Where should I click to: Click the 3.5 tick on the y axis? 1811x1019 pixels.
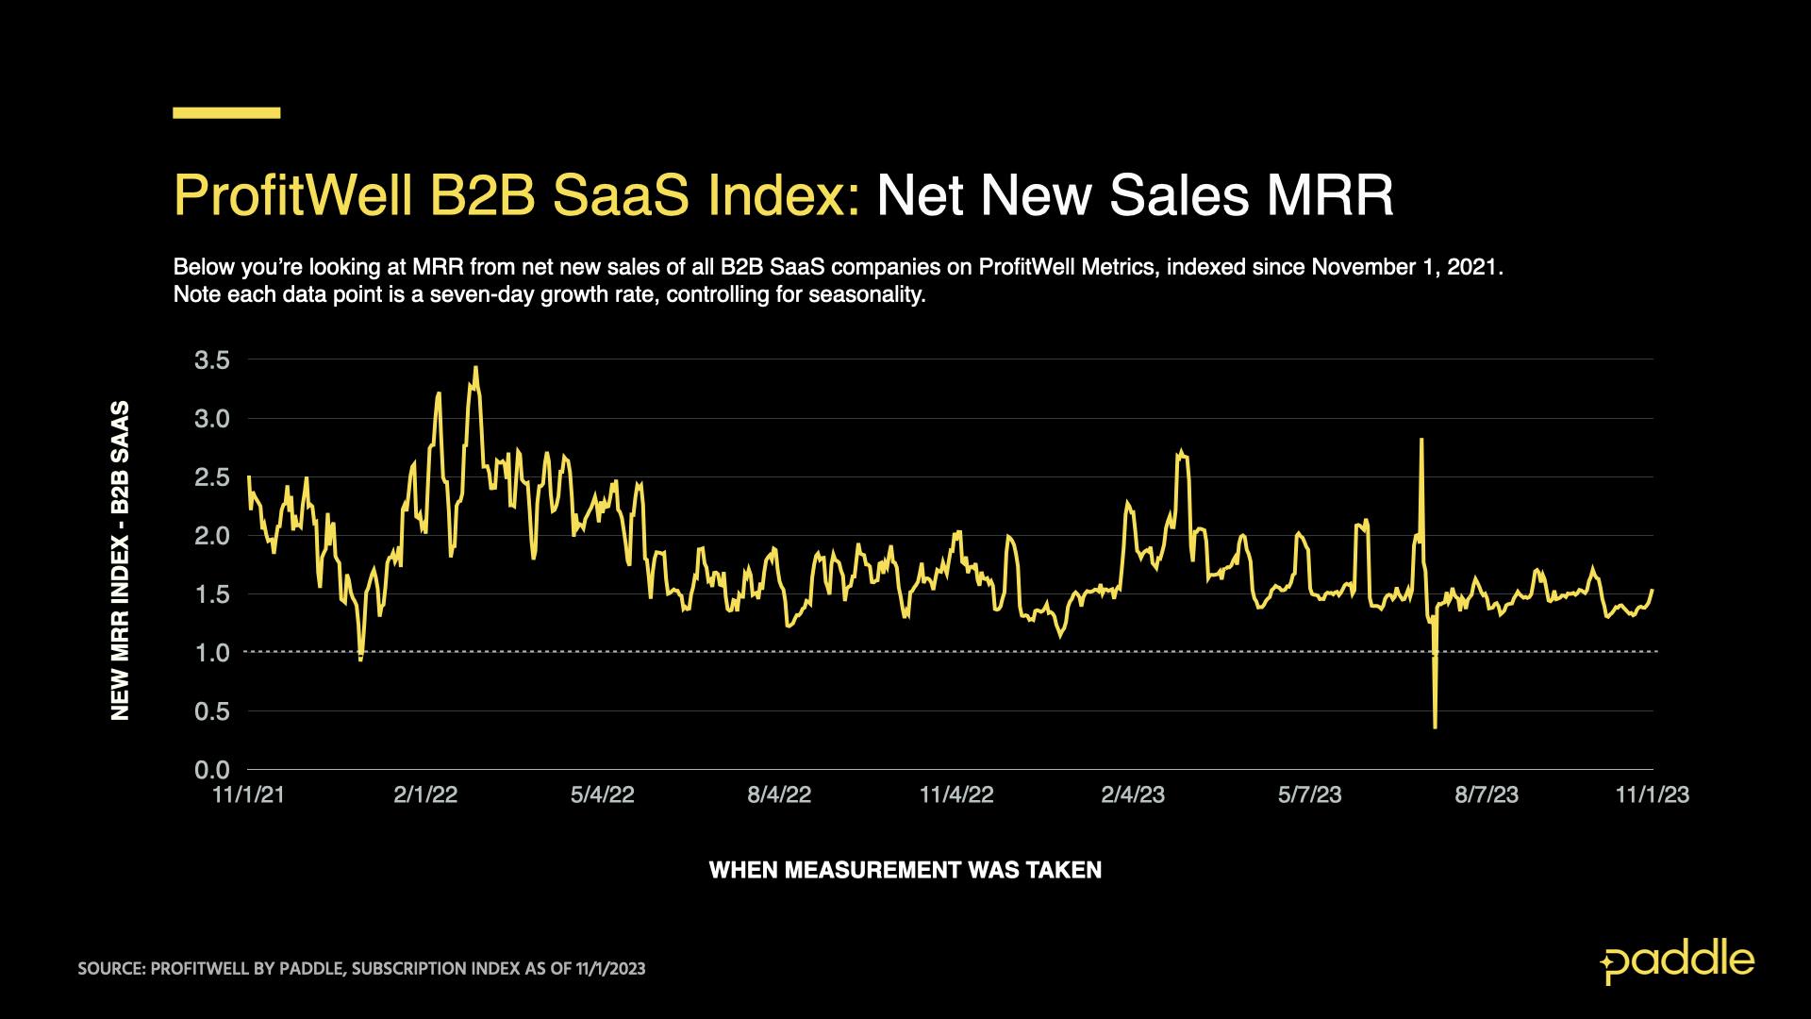(x=212, y=359)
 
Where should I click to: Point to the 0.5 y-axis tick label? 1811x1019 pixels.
(x=212, y=711)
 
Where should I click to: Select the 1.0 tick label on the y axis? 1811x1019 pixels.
(x=212, y=653)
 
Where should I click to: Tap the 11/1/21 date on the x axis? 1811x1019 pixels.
(x=249, y=795)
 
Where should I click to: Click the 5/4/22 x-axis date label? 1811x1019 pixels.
(x=603, y=795)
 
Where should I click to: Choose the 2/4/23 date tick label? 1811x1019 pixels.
(x=1133, y=795)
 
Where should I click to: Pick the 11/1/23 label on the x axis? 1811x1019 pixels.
(x=1652, y=795)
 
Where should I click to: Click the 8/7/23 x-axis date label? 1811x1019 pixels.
(x=1487, y=795)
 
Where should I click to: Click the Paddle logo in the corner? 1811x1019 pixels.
(x=1677, y=961)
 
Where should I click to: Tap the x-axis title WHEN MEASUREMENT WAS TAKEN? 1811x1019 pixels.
(x=905, y=870)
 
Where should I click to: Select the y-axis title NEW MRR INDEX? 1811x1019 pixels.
(x=120, y=561)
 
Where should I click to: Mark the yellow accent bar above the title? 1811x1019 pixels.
(x=226, y=113)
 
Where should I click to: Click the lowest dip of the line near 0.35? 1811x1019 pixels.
(x=1435, y=726)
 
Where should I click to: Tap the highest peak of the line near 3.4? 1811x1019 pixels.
(x=475, y=368)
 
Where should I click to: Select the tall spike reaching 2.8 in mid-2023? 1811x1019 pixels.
(x=1421, y=441)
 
